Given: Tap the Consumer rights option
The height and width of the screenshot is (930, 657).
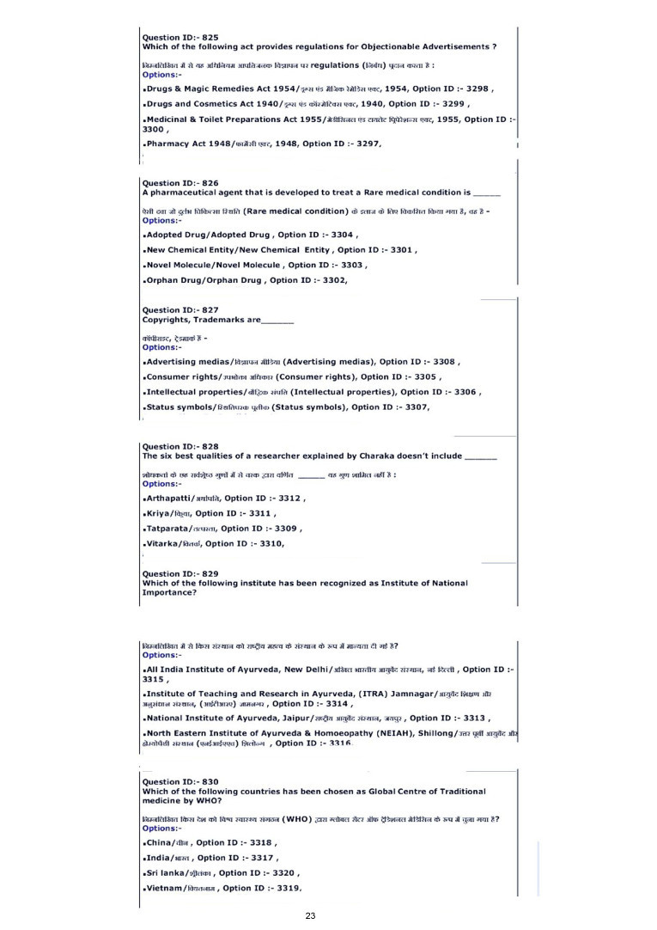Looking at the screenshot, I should (184, 376).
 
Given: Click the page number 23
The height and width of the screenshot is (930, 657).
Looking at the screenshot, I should (311, 916).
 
